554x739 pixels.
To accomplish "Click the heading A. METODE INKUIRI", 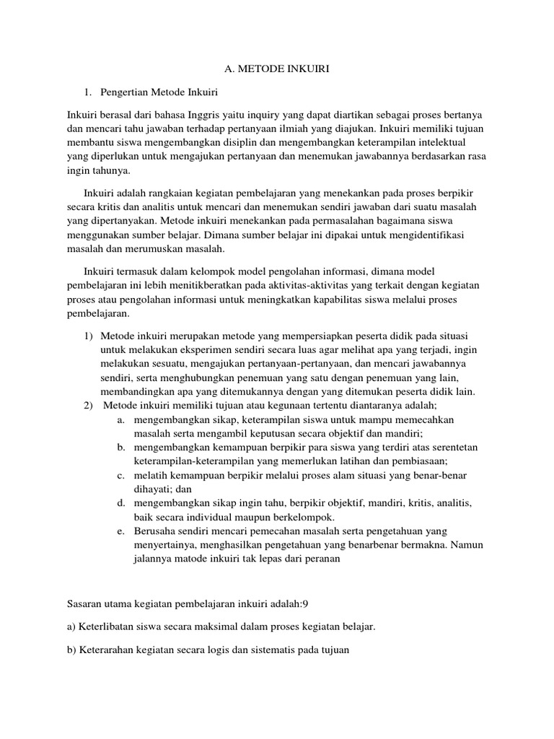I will (x=276, y=69).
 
